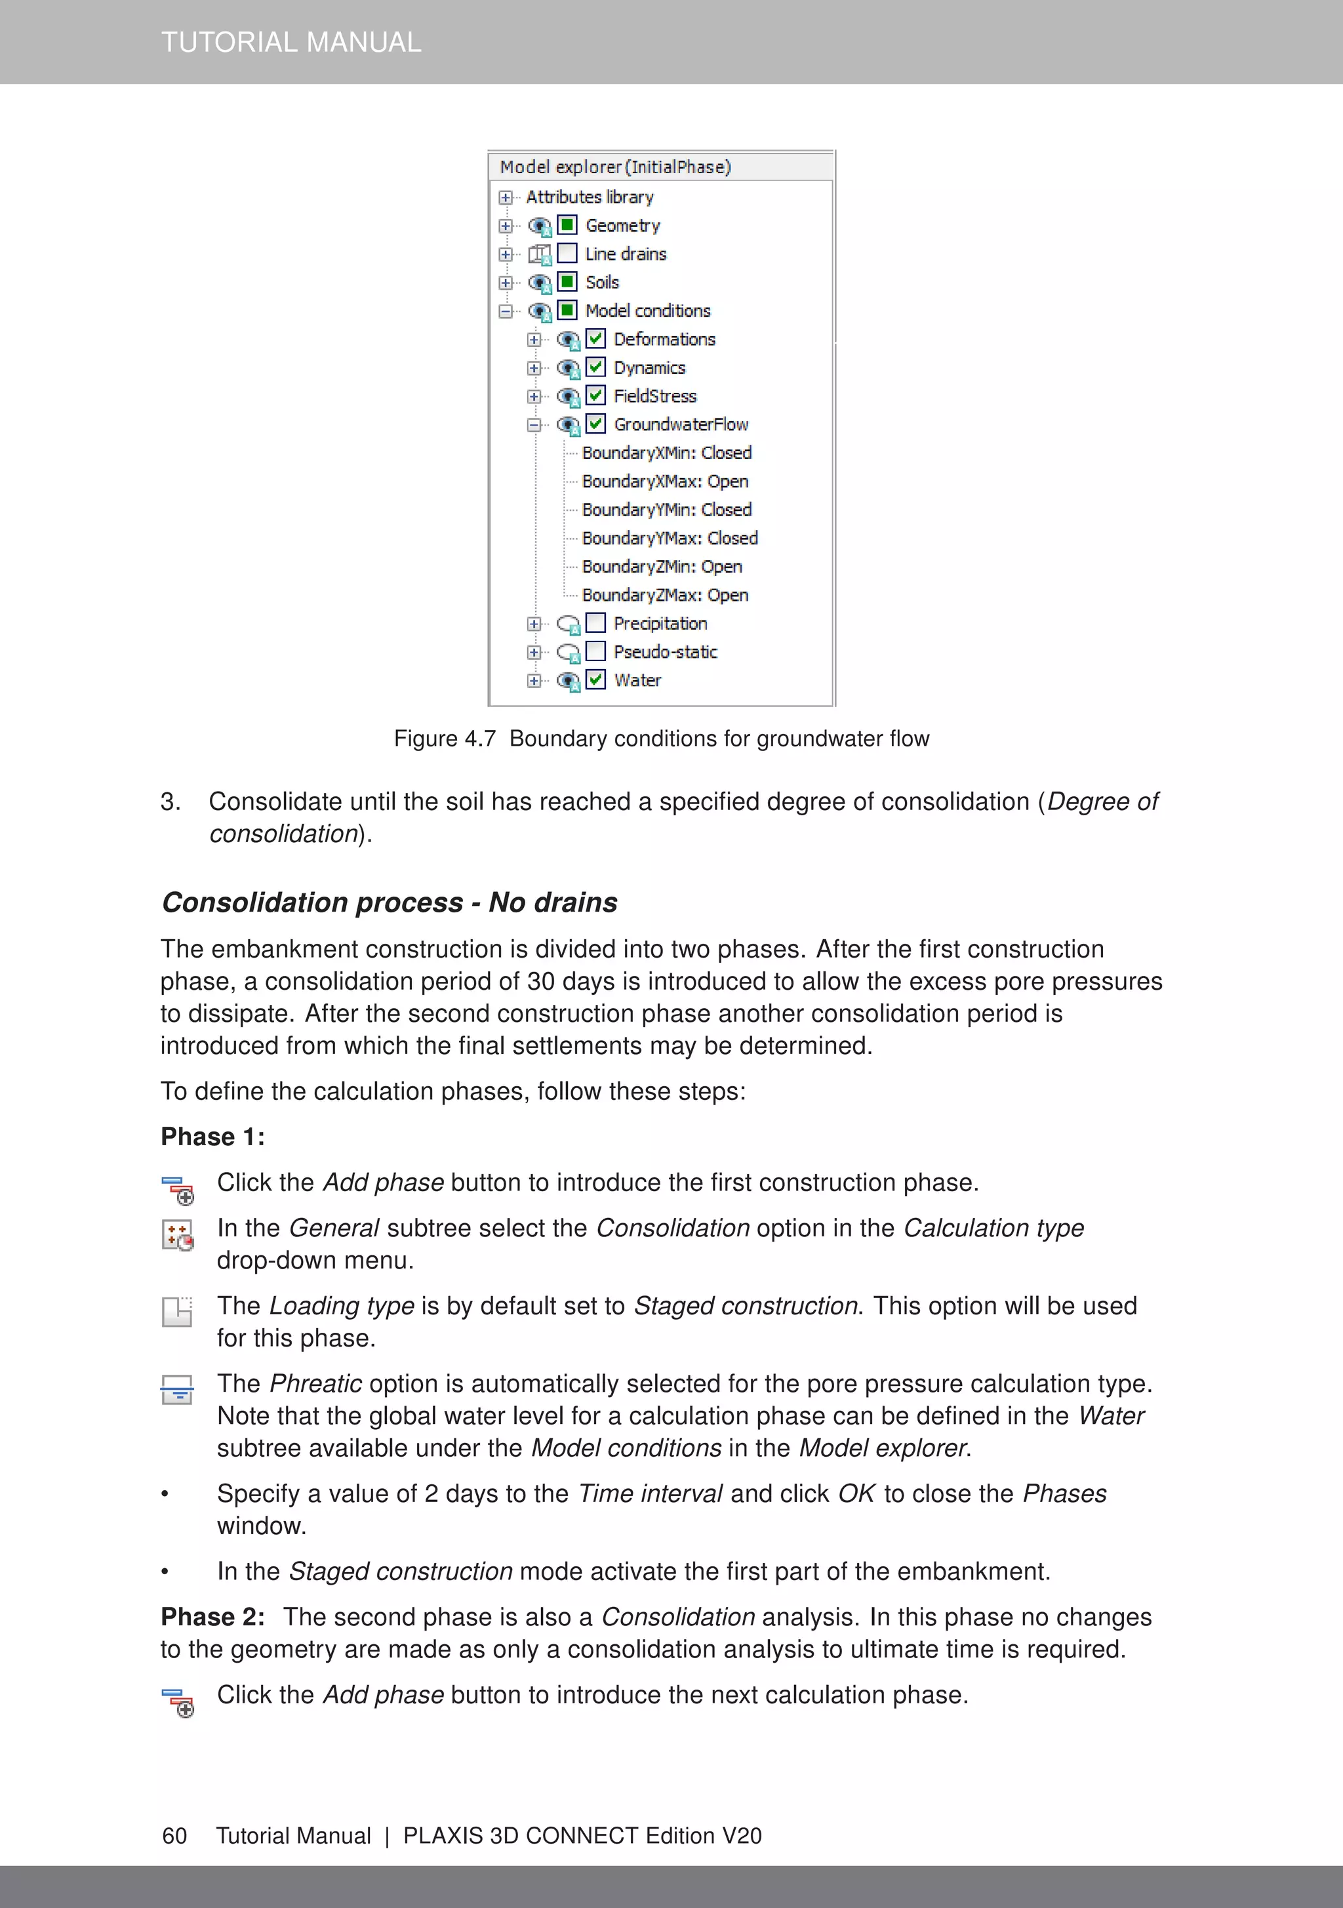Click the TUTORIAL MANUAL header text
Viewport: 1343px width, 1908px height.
(x=291, y=41)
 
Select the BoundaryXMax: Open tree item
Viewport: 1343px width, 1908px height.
(x=665, y=481)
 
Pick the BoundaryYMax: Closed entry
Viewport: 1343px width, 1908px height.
(x=670, y=538)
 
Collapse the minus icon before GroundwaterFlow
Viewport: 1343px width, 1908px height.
(x=534, y=424)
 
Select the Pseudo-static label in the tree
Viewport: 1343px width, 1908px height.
(x=665, y=651)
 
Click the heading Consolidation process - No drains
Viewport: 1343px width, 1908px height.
(x=389, y=902)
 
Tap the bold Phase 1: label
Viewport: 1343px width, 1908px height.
(x=212, y=1136)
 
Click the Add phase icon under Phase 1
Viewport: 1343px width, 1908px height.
(x=178, y=1189)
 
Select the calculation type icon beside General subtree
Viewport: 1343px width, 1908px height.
(x=178, y=1235)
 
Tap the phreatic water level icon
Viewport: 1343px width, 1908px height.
(x=177, y=1389)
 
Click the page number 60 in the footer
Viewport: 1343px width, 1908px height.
(x=174, y=1835)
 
